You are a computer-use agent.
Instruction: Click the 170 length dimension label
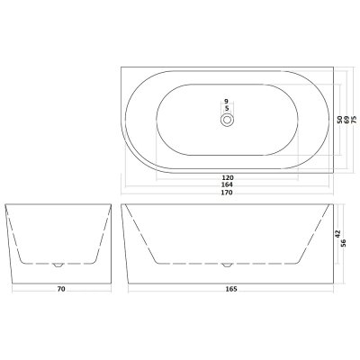tap(227, 193)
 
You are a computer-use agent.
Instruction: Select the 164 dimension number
tap(227, 184)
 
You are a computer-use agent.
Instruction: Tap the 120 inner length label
tap(227, 177)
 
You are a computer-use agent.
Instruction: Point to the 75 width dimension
tap(354, 120)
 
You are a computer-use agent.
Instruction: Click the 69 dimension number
tap(346, 120)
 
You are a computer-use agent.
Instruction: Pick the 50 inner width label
tap(339, 120)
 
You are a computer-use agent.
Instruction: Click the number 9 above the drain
tap(227, 102)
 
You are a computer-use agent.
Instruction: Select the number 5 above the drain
tap(227, 108)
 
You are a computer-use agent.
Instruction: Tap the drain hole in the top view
tap(227, 120)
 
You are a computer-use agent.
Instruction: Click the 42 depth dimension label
tap(337, 234)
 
